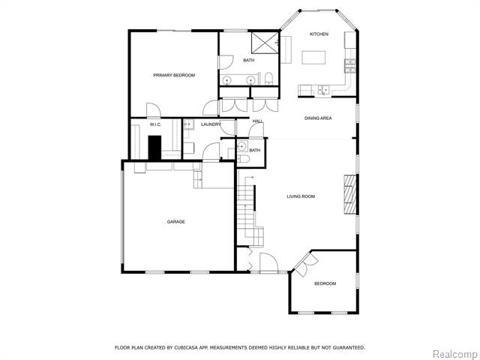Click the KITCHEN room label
click(x=319, y=34)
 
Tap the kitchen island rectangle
click(x=313, y=58)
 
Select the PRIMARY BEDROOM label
click(x=174, y=75)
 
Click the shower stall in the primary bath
click(x=265, y=42)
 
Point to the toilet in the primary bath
click(x=268, y=78)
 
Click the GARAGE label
click(x=176, y=222)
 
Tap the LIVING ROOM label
click(x=301, y=196)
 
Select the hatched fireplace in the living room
click(x=350, y=194)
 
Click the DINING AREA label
click(x=318, y=118)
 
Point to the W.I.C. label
click(x=155, y=124)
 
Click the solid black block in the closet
click(x=154, y=148)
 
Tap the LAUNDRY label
click(x=211, y=124)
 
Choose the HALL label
click(x=257, y=121)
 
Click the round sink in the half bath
click(x=241, y=146)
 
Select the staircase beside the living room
click(x=250, y=211)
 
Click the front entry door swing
click(x=268, y=262)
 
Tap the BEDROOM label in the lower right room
click(x=325, y=283)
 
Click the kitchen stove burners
click(x=350, y=66)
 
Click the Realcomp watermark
click(x=456, y=354)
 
